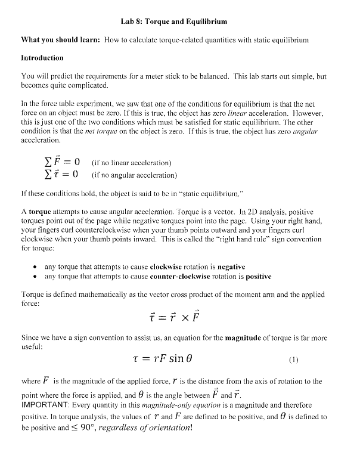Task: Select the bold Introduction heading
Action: pos(42,58)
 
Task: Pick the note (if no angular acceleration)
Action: pos(134,175)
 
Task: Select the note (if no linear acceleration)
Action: pos(132,163)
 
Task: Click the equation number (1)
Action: pos(293,360)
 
